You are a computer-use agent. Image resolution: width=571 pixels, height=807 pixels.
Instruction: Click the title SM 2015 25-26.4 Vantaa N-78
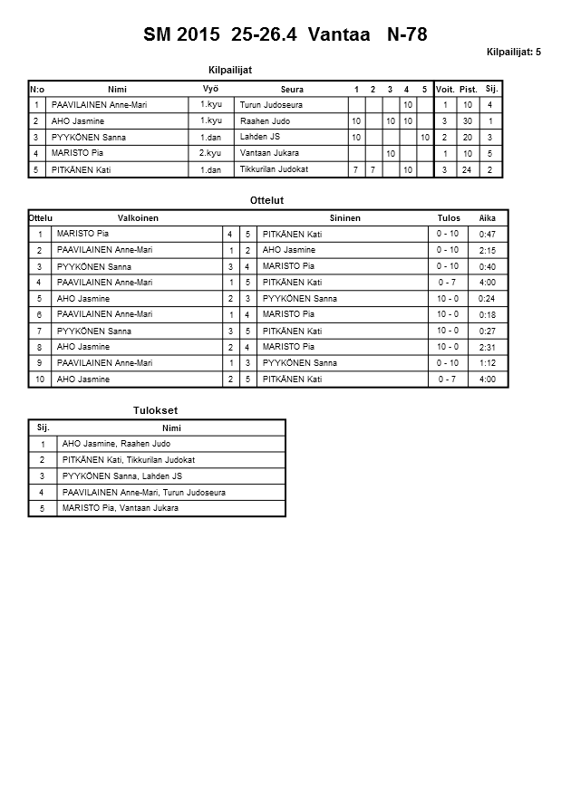[x=285, y=35]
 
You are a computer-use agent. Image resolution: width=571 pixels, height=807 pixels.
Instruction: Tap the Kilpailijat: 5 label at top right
[x=513, y=53]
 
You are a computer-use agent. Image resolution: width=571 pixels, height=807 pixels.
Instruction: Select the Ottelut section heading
[x=266, y=200]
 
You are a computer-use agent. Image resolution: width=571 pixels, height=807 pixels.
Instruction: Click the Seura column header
[x=292, y=90]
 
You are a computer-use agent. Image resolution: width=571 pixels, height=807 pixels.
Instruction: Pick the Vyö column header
[x=210, y=89]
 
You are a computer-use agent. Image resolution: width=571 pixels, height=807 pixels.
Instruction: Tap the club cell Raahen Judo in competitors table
[x=265, y=121]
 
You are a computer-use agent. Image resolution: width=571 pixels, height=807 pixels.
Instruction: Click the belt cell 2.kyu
[x=210, y=153]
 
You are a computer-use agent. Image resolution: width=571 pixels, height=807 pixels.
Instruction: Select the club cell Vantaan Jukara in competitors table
[x=269, y=153]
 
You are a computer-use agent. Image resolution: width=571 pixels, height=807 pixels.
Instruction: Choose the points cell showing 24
[x=468, y=169]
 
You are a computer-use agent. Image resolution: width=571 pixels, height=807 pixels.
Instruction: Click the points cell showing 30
[x=468, y=121]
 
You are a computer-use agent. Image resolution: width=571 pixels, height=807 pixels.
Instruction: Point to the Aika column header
[x=488, y=218]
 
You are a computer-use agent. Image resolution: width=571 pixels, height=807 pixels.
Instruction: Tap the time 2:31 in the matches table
[x=488, y=347]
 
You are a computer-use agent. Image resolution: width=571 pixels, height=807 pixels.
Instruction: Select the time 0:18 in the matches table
[x=488, y=314]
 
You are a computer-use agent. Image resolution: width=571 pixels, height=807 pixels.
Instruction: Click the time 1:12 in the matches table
[x=488, y=363]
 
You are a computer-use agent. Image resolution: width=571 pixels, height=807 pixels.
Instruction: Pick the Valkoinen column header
[x=138, y=218]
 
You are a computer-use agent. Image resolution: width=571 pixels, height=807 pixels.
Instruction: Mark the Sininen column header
[x=344, y=218]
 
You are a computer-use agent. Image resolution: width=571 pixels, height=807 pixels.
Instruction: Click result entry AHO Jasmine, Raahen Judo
[x=116, y=444]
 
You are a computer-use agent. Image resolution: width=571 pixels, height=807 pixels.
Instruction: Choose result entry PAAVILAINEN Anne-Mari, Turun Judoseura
[x=143, y=492]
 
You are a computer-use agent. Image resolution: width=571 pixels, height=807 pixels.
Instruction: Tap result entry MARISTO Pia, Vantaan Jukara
[x=120, y=508]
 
